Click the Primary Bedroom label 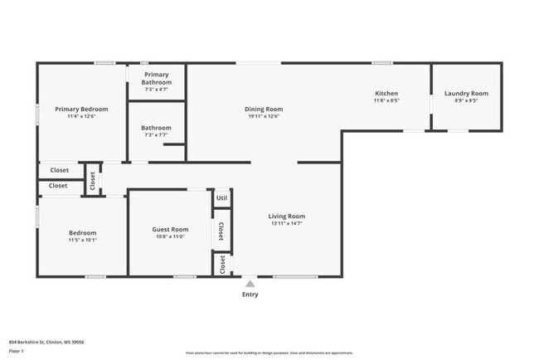[x=81, y=109]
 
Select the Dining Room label [x=264, y=109]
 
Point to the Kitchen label [x=386, y=94]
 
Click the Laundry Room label [x=466, y=94]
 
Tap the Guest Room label [x=170, y=230]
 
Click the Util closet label [x=221, y=198]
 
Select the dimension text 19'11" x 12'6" [x=264, y=116]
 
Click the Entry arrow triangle [x=250, y=284]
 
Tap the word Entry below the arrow [x=250, y=294]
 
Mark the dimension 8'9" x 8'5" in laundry [x=466, y=101]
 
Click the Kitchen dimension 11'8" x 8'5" [x=386, y=101]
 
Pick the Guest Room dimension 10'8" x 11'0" [x=170, y=237]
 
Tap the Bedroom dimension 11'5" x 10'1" [x=82, y=241]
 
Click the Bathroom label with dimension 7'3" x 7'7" [x=157, y=128]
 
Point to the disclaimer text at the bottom [x=269, y=353]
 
